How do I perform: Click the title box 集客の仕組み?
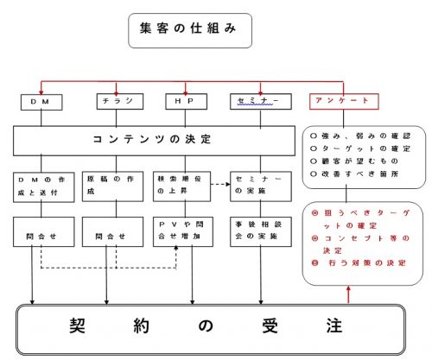tap(190, 30)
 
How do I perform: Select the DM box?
tap(41, 102)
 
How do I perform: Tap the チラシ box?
tap(120, 101)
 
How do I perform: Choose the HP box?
tap(186, 101)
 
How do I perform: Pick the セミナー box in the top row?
tap(261, 101)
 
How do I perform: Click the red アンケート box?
tap(344, 101)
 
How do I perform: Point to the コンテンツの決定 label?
tap(152, 139)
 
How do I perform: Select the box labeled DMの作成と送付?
tap(44, 187)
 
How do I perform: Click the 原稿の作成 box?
tap(112, 186)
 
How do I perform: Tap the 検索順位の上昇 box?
tap(181, 186)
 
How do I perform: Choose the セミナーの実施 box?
tap(261, 186)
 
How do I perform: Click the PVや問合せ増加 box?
tap(183, 232)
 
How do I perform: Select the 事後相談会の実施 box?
tap(261, 232)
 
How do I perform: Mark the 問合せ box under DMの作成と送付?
tap(44, 232)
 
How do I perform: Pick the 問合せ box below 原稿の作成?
tap(112, 232)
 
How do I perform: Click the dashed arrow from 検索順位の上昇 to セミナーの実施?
tap(220, 184)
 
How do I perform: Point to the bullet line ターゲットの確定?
tap(360, 148)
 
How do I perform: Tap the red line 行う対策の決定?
tap(359, 262)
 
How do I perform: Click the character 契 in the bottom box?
tap(77, 325)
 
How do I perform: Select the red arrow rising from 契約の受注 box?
tap(348, 294)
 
